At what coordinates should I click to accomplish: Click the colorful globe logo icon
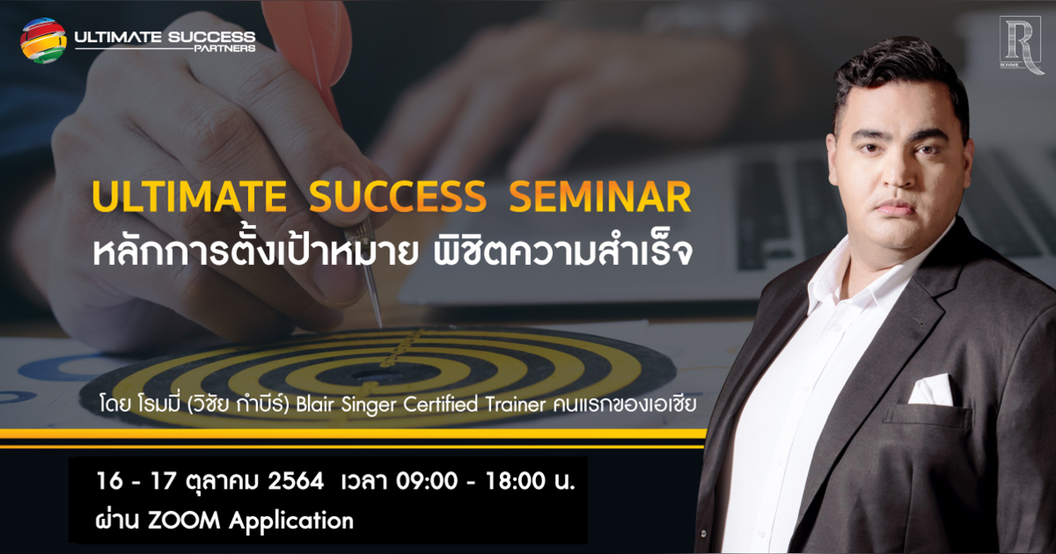point(43,40)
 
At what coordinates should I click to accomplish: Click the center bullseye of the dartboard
point(374,374)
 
